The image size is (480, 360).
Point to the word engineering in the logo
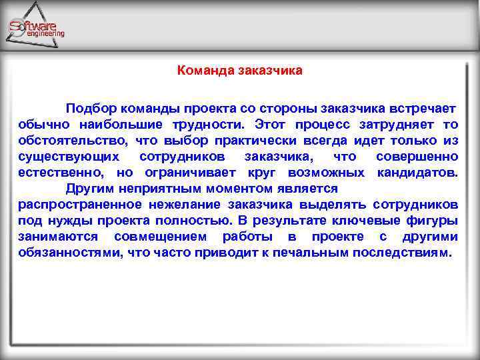45,33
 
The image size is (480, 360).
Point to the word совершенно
417,157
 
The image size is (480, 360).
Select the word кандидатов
417,173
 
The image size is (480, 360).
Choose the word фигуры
432,221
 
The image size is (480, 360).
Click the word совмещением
159,237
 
